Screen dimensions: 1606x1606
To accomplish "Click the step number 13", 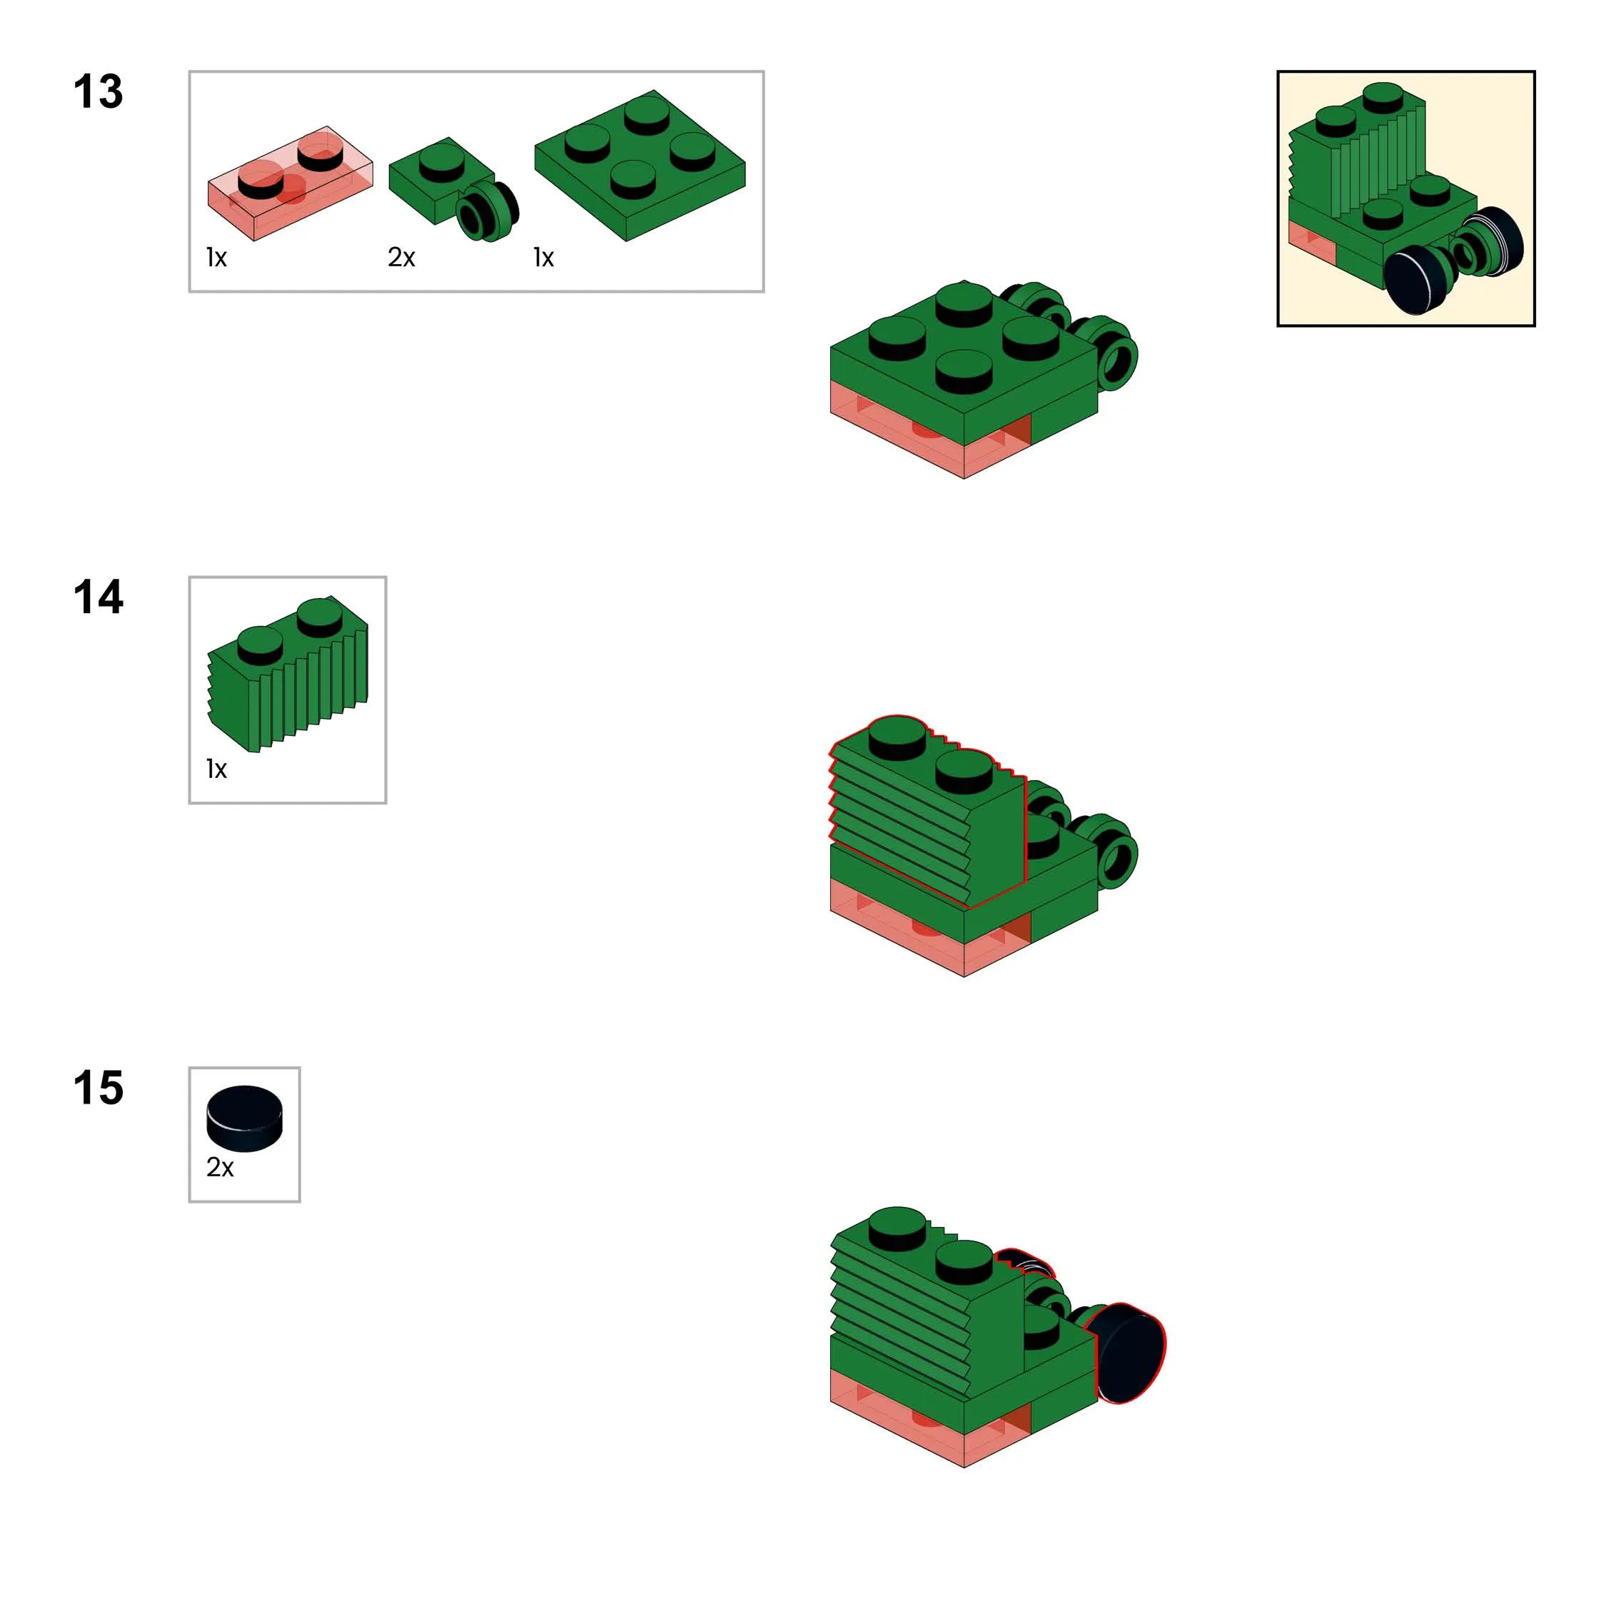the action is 98,91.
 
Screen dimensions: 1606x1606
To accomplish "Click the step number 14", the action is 98,597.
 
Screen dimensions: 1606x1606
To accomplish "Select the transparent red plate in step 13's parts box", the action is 290,183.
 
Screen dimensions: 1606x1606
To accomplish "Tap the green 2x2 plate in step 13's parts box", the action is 640,166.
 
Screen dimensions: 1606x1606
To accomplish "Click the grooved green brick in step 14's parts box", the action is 288,673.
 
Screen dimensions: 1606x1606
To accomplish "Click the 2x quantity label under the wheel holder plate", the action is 401,258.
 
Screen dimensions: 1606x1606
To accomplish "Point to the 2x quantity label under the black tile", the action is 221,1168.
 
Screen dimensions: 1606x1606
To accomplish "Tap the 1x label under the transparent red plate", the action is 217,258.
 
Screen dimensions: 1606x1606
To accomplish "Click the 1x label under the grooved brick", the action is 217,769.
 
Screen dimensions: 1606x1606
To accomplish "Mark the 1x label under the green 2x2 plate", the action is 544,258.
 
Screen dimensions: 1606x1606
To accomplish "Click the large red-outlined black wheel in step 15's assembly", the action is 1131,1354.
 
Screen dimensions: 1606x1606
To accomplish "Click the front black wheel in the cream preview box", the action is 1418,281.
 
